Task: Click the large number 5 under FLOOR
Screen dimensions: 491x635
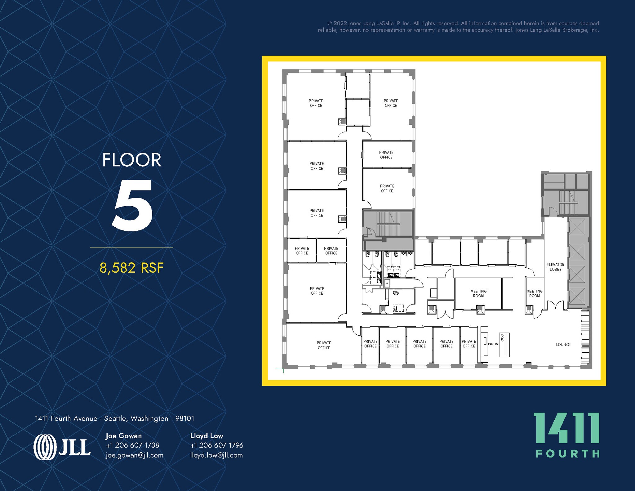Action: tap(132, 205)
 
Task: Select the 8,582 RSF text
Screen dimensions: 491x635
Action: tap(131, 268)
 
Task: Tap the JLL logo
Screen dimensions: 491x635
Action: tap(62, 447)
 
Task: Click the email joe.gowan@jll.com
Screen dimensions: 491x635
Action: tap(134, 455)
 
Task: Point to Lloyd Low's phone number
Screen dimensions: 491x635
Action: tap(216, 445)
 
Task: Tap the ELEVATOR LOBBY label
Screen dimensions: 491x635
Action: tap(555, 267)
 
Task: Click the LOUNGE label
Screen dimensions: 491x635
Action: tap(563, 345)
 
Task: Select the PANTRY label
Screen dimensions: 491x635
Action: tap(493, 344)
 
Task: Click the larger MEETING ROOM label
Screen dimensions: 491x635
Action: tap(478, 293)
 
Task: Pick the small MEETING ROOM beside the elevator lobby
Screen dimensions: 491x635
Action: tap(534, 293)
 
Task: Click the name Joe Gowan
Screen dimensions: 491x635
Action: tap(123, 436)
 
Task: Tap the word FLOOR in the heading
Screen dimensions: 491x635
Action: tap(132, 160)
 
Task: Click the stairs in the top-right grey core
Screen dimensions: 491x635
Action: tap(568, 203)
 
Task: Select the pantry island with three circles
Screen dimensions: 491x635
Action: tap(504, 345)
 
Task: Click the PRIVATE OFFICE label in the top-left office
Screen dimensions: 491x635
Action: tap(316, 103)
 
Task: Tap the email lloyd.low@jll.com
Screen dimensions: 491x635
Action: tap(216, 455)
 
